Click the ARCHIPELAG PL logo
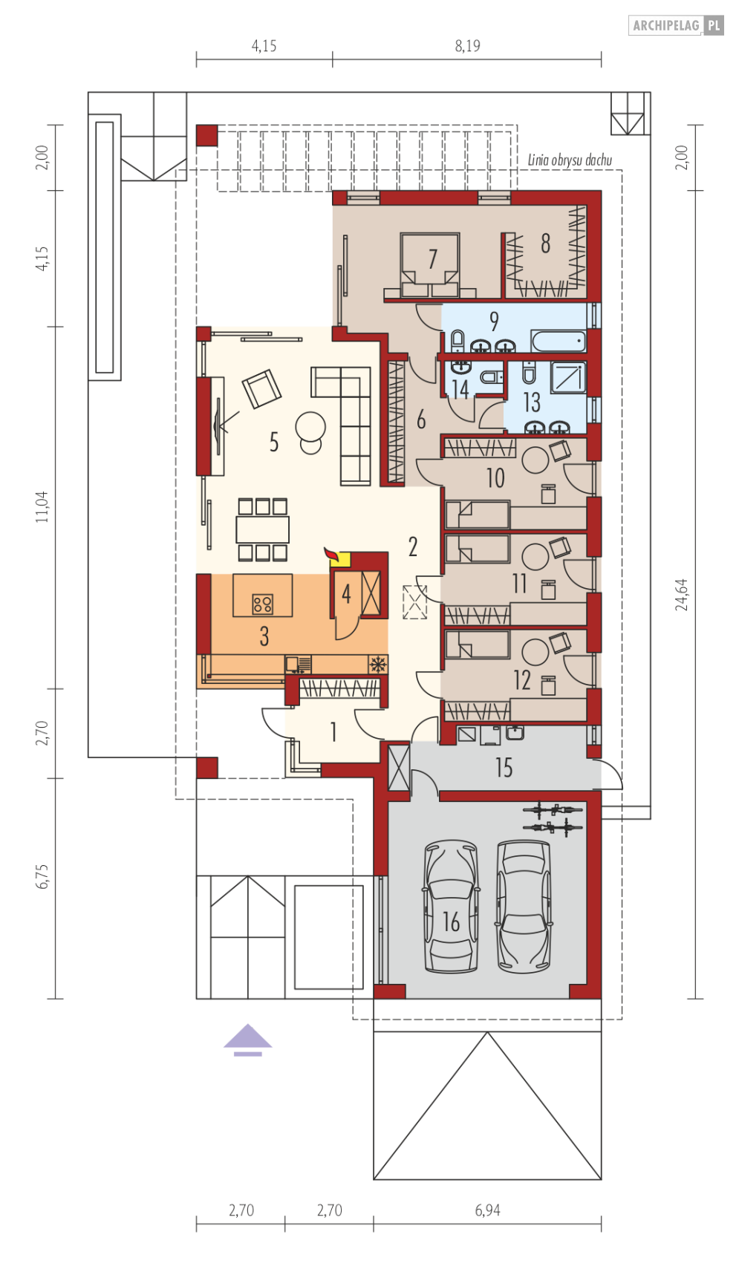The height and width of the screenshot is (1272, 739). coord(676,25)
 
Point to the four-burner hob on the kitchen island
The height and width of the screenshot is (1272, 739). coord(262,604)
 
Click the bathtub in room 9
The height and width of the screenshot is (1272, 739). coord(559,342)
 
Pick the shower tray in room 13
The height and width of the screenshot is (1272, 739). coord(567,376)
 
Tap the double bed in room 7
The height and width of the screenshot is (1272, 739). coord(430,264)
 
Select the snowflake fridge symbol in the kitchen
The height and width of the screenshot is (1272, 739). coord(378,664)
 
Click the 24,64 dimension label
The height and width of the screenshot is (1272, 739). coord(682,595)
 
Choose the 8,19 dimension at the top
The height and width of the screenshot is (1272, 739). coord(467,46)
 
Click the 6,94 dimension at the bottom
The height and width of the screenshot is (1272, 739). coord(487,1210)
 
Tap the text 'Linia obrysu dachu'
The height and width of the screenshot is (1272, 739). coord(570,160)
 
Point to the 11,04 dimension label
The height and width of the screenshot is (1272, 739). coord(42,506)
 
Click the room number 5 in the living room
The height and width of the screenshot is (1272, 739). coord(274,442)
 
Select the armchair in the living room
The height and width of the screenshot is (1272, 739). coord(261,388)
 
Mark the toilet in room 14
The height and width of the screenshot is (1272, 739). coord(492,376)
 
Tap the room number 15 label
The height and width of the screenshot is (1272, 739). coord(504,767)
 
